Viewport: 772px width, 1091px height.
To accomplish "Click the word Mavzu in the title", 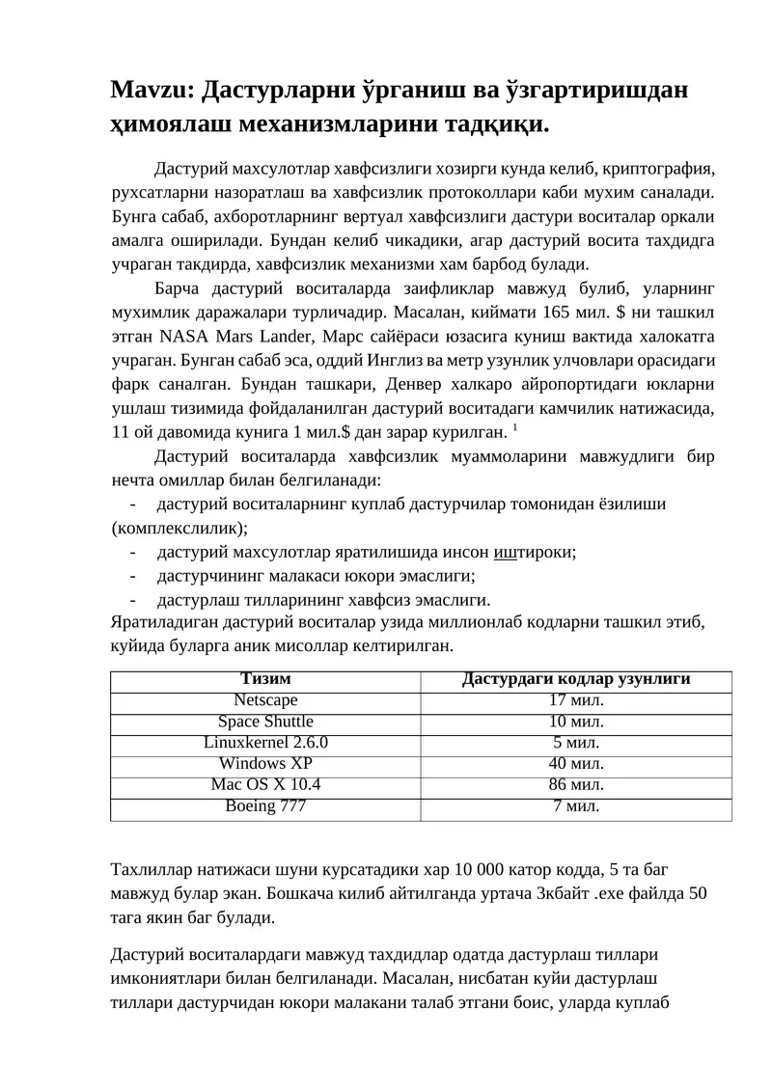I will tap(152, 90).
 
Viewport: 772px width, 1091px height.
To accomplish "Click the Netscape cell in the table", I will tap(265, 700).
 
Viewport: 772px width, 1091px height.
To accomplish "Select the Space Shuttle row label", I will tap(265, 722).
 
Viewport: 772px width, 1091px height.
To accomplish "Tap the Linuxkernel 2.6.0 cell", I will tap(265, 743).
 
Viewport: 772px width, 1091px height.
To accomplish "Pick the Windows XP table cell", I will tap(265, 764).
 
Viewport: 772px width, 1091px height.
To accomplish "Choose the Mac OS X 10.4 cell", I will tap(265, 785).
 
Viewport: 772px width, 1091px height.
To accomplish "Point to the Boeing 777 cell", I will tap(265, 806).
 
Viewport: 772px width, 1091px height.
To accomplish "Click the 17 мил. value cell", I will tap(576, 700).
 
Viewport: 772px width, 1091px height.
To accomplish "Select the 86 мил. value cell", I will tap(576, 785).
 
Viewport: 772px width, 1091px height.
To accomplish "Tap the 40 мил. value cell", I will tap(576, 764).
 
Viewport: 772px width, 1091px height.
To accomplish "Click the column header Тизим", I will tap(265, 679).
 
